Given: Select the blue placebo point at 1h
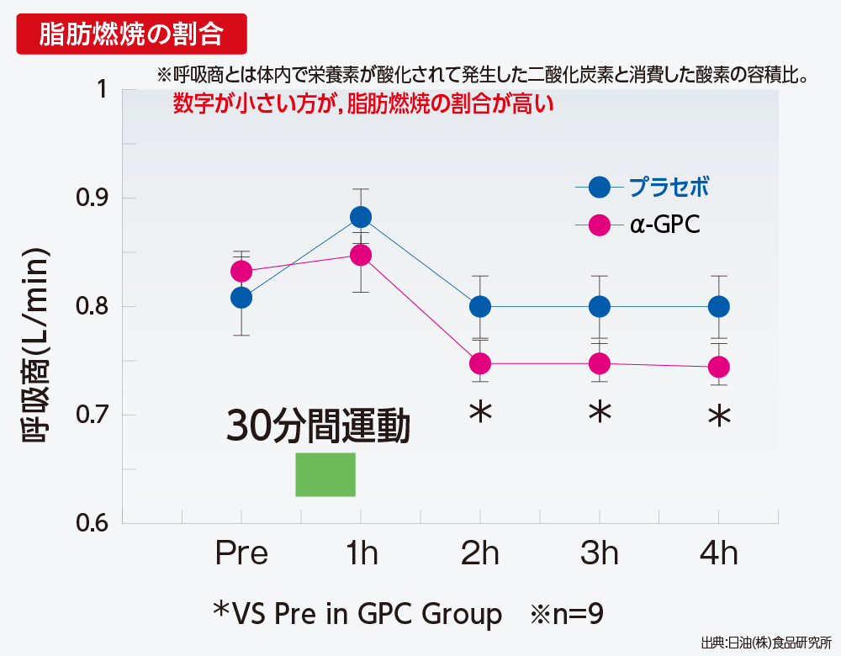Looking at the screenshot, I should (x=361, y=217).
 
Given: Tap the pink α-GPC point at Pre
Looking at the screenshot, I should (x=241, y=271).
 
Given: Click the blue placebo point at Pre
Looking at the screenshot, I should (x=241, y=298).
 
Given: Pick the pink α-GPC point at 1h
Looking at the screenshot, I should (x=361, y=255).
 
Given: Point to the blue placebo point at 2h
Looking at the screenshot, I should (x=480, y=306).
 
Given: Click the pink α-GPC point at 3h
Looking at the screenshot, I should (x=599, y=363).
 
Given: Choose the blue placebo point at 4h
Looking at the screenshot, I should (x=718, y=306).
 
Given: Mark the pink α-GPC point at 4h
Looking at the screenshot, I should (x=718, y=367).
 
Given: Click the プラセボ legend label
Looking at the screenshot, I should (x=669, y=187).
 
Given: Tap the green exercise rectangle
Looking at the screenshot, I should (x=325, y=474).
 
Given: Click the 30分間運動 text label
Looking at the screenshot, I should (x=318, y=427).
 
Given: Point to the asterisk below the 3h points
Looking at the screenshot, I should (x=599, y=415).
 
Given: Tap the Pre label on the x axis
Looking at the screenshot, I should (x=241, y=553).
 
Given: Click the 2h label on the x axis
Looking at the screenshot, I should (x=480, y=553).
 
